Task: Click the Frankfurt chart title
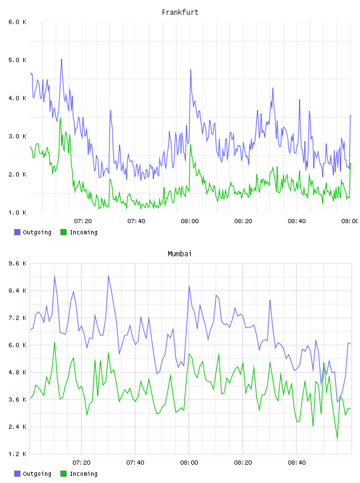pyautogui.click(x=180, y=12)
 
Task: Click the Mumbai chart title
pyautogui.click(x=179, y=254)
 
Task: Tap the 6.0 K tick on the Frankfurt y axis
pyautogui.click(x=17, y=22)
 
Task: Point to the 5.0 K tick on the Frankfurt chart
pyautogui.click(x=17, y=60)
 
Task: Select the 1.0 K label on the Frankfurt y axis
pyautogui.click(x=17, y=212)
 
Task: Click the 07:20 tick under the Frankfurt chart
pyautogui.click(x=83, y=221)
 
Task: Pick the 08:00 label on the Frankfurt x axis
pyautogui.click(x=190, y=221)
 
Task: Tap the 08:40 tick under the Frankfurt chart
pyautogui.click(x=297, y=221)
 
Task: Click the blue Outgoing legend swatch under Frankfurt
pyautogui.click(x=17, y=232)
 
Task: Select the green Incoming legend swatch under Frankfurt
pyautogui.click(x=63, y=232)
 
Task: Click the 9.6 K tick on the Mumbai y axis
pyautogui.click(x=17, y=263)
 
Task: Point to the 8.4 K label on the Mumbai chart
pyautogui.click(x=17, y=291)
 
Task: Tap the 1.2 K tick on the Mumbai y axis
pyautogui.click(x=17, y=454)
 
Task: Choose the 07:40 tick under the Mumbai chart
pyautogui.click(x=136, y=463)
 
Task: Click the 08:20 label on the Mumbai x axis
pyautogui.click(x=243, y=463)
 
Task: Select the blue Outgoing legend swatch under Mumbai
pyautogui.click(x=17, y=474)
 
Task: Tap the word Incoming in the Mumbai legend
pyautogui.click(x=83, y=474)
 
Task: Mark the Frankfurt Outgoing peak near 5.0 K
pyautogui.click(x=62, y=59)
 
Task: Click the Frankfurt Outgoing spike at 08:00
pyautogui.click(x=191, y=70)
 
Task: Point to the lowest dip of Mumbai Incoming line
pyautogui.click(x=337, y=439)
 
